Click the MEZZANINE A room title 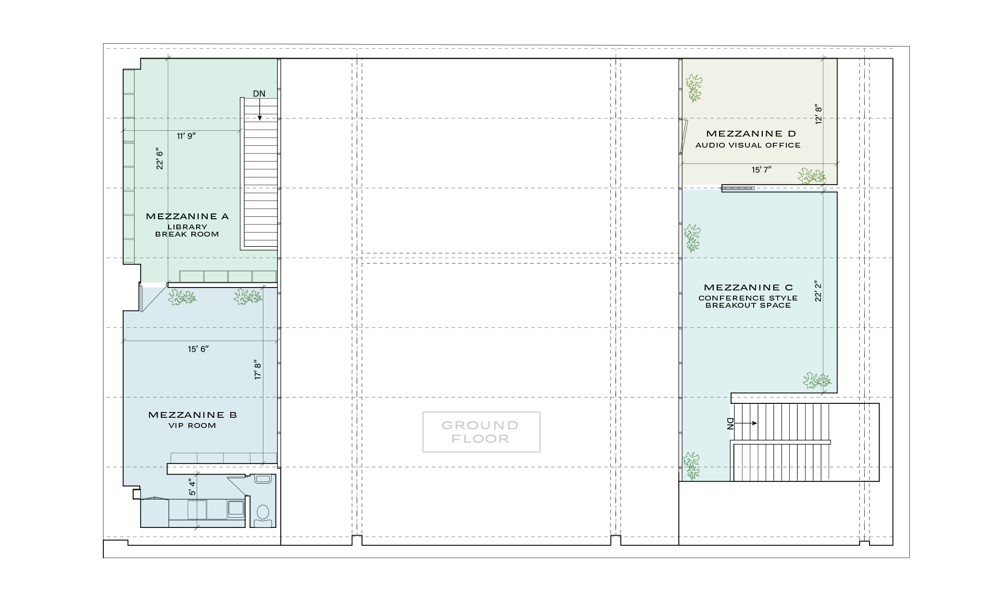(x=187, y=217)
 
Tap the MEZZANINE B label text (x=192, y=415)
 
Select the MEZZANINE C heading (x=748, y=288)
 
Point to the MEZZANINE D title (x=751, y=134)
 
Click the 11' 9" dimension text (x=186, y=136)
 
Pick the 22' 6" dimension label (x=160, y=159)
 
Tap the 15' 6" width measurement (x=198, y=349)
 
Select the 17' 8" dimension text (x=258, y=370)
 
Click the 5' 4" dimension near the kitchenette (x=192, y=487)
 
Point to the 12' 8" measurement (x=819, y=114)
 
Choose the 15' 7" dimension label (x=761, y=170)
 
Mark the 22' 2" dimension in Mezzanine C (x=819, y=291)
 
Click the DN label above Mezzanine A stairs (x=259, y=94)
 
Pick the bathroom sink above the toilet (x=263, y=479)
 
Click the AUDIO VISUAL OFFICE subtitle (x=748, y=145)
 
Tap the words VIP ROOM (x=192, y=426)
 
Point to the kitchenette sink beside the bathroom (x=236, y=508)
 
